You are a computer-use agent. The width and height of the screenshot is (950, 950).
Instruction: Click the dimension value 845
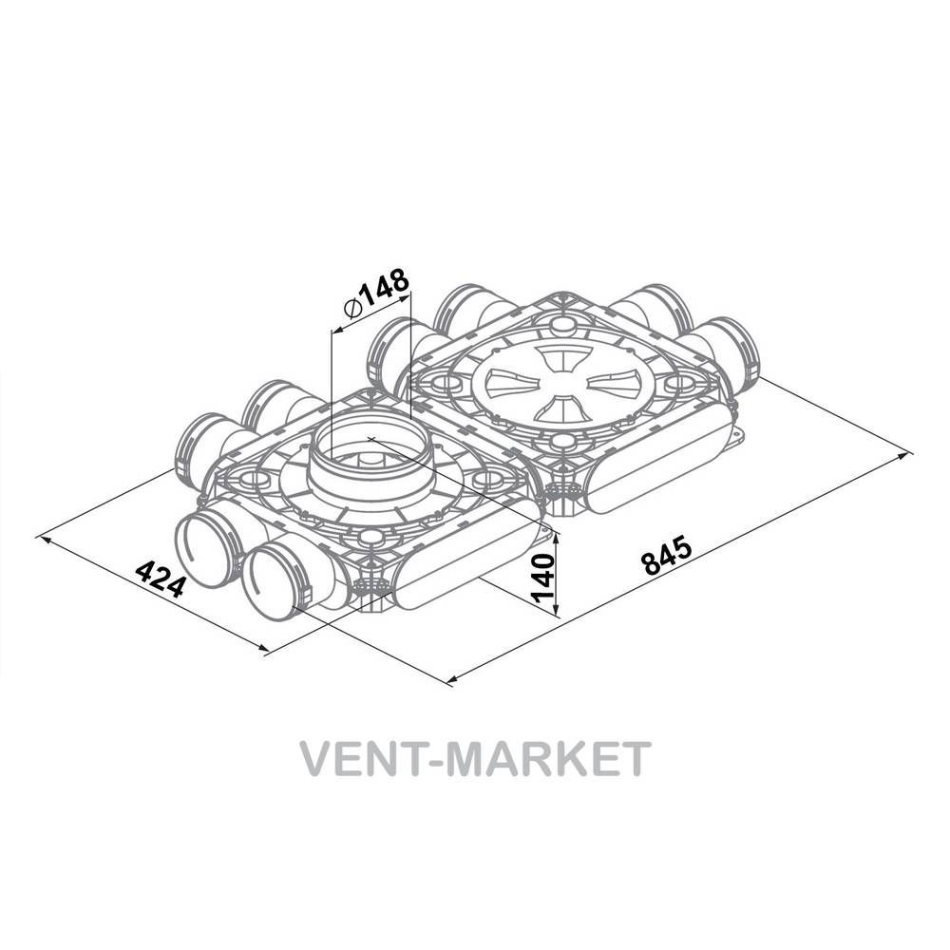(667, 554)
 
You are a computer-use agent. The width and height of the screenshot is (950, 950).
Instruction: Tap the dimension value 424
(160, 579)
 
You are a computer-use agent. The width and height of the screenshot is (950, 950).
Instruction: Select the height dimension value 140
(542, 578)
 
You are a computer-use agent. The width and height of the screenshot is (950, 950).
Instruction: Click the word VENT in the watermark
(370, 758)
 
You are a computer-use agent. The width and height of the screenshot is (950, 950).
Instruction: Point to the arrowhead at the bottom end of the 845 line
(451, 680)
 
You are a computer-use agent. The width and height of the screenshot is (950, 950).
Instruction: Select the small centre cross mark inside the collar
(371, 438)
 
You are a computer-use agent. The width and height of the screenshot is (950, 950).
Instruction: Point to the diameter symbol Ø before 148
(352, 309)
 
